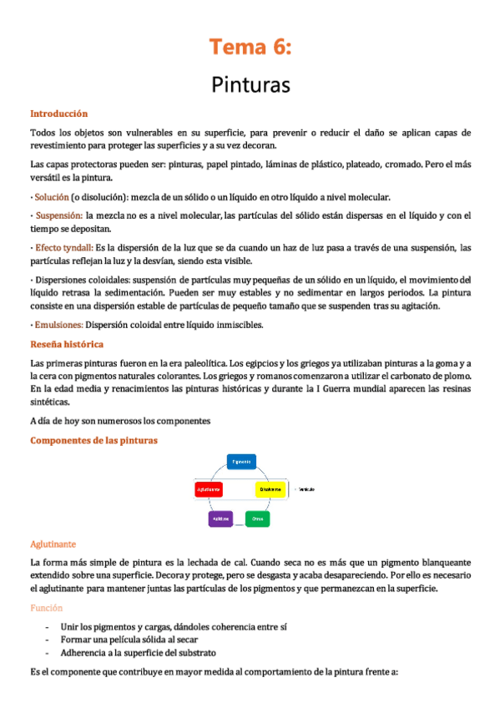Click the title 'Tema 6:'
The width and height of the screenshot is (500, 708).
(250, 47)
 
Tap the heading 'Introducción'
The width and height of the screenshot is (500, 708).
(58, 114)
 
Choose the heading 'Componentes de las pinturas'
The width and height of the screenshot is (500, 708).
(93, 440)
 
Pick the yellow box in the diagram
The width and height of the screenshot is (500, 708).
(270, 489)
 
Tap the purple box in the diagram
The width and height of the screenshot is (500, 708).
(220, 518)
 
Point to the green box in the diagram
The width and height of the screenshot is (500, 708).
(257, 518)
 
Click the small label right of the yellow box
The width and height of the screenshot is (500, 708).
(305, 489)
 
